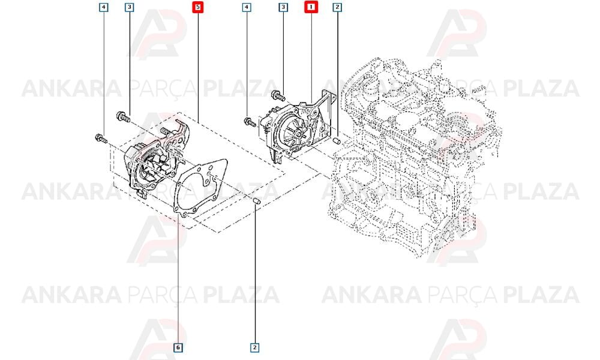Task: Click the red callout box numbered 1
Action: pyautogui.click(x=311, y=7)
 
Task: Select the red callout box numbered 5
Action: pyautogui.click(x=198, y=7)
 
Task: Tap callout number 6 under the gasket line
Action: pyautogui.click(x=178, y=347)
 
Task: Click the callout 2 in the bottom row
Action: pyautogui.click(x=255, y=347)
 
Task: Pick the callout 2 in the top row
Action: pyautogui.click(x=337, y=7)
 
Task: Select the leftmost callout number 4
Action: pyautogui.click(x=104, y=7)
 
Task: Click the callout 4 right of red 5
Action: pyautogui.click(x=247, y=7)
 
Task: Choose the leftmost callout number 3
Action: pyautogui.click(x=130, y=7)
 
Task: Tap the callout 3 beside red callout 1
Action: pyautogui.click(x=283, y=7)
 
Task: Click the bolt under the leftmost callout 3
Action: pyautogui.click(x=123, y=116)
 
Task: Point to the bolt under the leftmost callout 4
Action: pyautogui.click(x=101, y=138)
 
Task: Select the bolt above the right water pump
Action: pyautogui.click(x=277, y=95)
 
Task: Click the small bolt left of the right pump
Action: pyautogui.click(x=250, y=122)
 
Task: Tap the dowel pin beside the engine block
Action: pyautogui.click(x=337, y=141)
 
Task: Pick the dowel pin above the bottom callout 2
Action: pyautogui.click(x=257, y=201)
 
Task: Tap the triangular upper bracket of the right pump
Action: pyautogui.click(x=325, y=107)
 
